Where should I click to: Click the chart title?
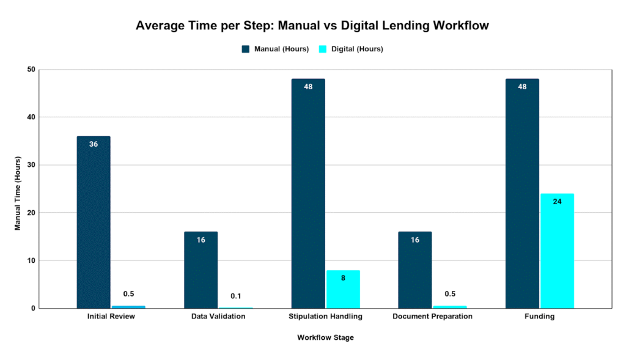pyautogui.click(x=312, y=26)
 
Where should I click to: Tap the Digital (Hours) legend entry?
pyautogui.click(x=356, y=49)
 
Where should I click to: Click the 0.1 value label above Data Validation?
pyautogui.click(x=235, y=296)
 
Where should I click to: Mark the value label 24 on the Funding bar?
pyautogui.click(x=557, y=201)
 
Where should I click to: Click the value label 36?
pyautogui.click(x=94, y=144)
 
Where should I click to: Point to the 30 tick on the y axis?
pyautogui.click(x=30, y=165)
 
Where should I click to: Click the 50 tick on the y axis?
pyautogui.click(x=30, y=70)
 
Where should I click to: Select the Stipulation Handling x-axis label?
pyautogui.click(x=325, y=317)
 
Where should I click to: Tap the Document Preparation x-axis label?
pyautogui.click(x=432, y=317)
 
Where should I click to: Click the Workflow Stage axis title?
pyautogui.click(x=325, y=337)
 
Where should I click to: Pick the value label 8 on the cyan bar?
pyautogui.click(x=343, y=278)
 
